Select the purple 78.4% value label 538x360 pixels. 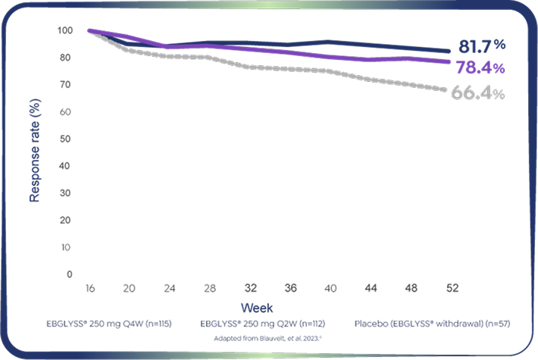tap(480, 67)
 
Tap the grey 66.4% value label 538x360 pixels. tap(477, 93)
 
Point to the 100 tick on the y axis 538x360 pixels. tap(65, 30)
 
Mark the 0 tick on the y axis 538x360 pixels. tap(70, 274)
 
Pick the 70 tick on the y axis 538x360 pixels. tap(67, 85)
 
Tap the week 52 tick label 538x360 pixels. tap(453, 289)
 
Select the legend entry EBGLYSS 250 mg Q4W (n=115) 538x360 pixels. tap(109, 324)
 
